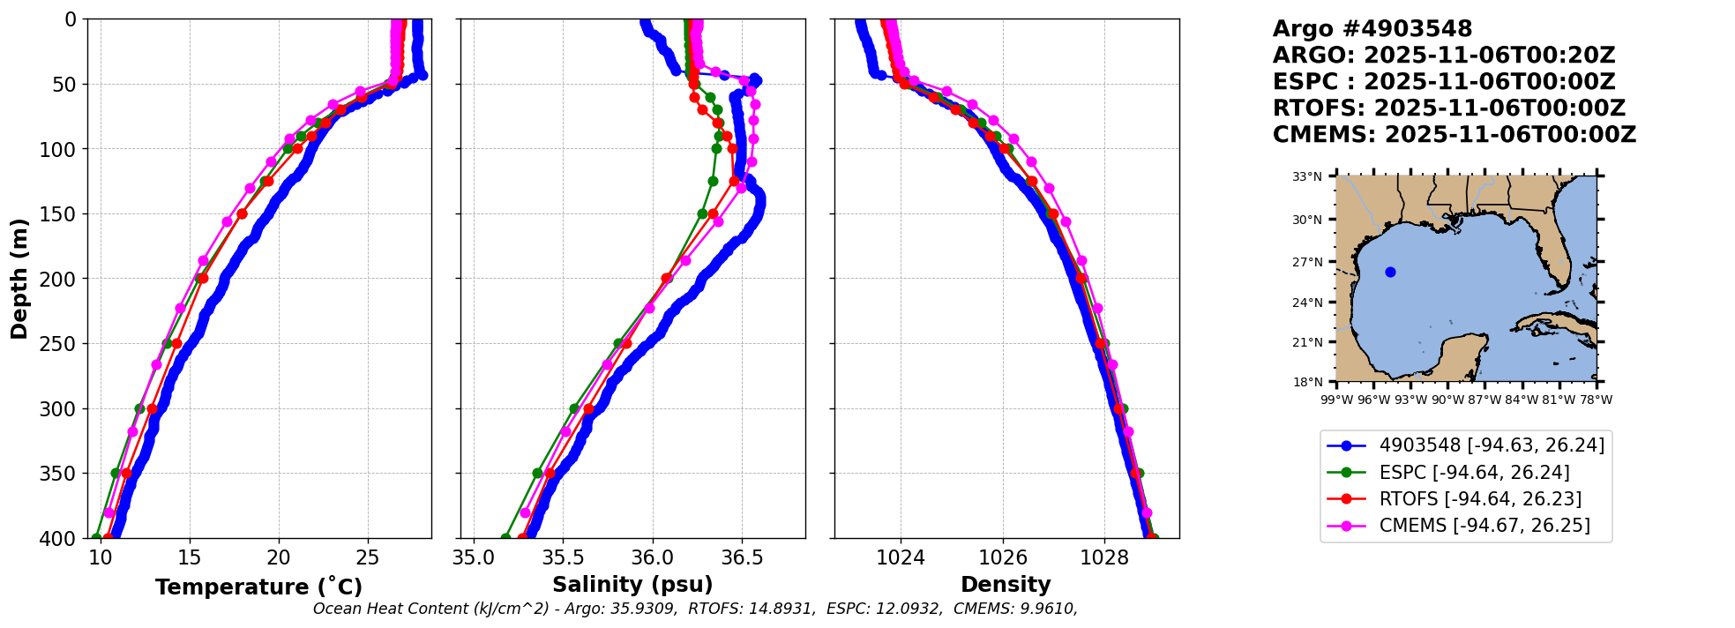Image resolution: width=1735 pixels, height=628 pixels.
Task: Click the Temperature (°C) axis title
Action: click(258, 587)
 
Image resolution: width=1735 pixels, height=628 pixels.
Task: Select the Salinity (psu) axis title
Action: click(632, 585)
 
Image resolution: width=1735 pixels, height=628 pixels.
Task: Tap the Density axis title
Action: click(1006, 585)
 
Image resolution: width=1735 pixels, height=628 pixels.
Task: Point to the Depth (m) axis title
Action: click(19, 279)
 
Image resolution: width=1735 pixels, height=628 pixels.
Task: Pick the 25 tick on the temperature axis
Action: click(368, 557)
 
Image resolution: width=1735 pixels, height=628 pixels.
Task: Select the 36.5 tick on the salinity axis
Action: click(741, 557)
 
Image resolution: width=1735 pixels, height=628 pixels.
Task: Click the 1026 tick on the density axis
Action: click(1003, 557)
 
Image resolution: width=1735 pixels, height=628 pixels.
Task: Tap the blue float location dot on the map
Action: click(1390, 272)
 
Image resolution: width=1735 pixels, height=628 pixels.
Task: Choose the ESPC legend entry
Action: click(1474, 473)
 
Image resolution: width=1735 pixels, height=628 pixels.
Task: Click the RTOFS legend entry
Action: click(1480, 499)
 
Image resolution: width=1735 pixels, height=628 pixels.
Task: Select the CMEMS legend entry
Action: click(1484, 526)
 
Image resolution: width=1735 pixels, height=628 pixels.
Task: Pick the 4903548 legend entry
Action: click(1492, 445)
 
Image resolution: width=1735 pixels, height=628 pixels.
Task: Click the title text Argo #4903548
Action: click(1372, 29)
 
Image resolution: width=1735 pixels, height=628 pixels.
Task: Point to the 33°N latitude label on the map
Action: click(1307, 177)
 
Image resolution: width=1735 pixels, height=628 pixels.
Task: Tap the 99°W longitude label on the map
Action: click(1337, 400)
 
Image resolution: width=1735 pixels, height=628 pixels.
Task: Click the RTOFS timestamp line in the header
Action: click(1448, 108)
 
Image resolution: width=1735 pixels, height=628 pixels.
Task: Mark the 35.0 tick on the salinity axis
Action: click(474, 557)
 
